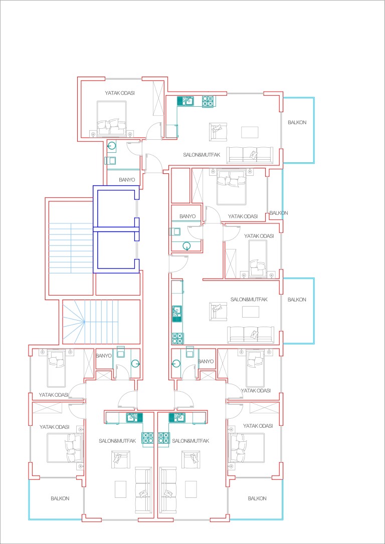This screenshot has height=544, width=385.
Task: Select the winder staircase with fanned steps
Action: pyautogui.click(x=101, y=322)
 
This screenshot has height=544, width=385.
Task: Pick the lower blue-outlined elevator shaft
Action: pyautogui.click(x=116, y=250)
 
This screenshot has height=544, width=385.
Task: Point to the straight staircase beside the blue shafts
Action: pyautogui.click(x=71, y=248)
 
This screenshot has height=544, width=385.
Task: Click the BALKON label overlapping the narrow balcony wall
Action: pyautogui.click(x=278, y=213)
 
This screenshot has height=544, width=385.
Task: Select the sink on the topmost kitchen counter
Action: pyautogui.click(x=186, y=101)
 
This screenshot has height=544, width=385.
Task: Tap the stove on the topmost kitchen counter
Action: pyautogui.click(x=208, y=101)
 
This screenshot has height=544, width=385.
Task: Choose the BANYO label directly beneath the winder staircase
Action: pyautogui.click(x=103, y=356)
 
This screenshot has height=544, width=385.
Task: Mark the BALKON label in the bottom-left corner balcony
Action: pyautogui.click(x=60, y=498)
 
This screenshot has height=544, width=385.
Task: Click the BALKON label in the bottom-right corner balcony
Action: pyautogui.click(x=257, y=498)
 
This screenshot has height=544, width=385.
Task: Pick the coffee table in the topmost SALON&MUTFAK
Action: pyautogui.click(x=250, y=132)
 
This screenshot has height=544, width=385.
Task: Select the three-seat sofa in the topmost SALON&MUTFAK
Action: pyautogui.click(x=250, y=155)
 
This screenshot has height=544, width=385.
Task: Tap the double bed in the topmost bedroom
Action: pyautogui.click(x=111, y=118)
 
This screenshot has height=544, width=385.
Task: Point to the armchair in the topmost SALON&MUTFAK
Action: pyautogui.click(x=218, y=132)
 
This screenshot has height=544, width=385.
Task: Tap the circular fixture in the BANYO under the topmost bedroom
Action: pyautogui.click(x=112, y=146)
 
